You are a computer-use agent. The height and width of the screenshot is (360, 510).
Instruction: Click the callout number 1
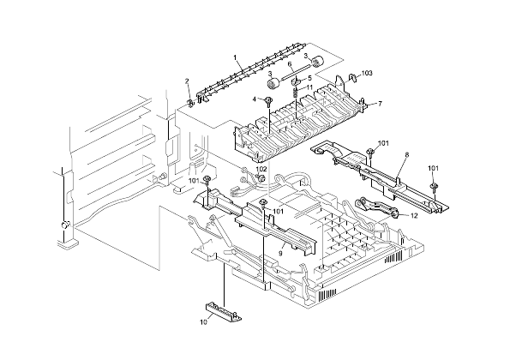pos(236,57)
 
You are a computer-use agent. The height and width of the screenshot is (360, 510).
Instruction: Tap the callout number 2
pos(188,81)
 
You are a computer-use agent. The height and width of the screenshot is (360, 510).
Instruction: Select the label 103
pos(367,75)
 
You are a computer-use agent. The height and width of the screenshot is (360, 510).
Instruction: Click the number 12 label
pos(413,216)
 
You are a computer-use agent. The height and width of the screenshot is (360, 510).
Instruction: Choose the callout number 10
pos(205,322)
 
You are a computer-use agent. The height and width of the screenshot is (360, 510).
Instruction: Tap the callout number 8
pos(406,155)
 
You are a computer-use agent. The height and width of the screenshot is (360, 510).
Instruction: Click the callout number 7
pos(380,104)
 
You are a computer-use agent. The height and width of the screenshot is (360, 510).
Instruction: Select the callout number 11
pos(309,87)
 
